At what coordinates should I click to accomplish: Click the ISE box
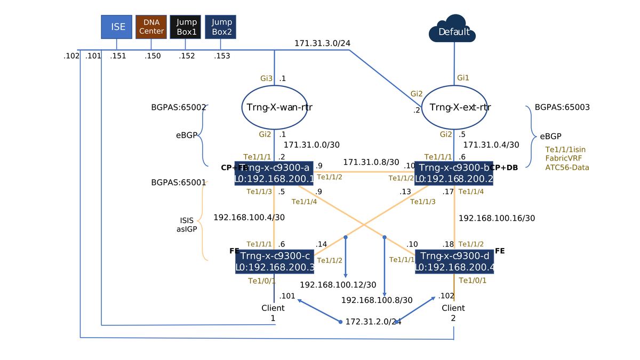116,27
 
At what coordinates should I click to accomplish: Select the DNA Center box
151,27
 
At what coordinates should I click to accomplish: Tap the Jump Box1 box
185,27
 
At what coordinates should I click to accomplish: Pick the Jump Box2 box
220,27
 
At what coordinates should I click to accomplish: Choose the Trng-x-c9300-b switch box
453,173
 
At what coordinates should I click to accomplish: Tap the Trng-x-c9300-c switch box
274,261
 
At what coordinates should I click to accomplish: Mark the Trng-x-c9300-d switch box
454,261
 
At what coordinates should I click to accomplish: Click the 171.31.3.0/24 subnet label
322,43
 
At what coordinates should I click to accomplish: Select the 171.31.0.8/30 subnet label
371,162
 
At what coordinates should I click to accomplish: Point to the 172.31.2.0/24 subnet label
373,322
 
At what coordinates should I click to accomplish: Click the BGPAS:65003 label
562,107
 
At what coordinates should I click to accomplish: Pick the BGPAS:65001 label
179,182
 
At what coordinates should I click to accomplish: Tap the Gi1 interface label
463,78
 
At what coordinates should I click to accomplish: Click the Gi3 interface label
267,78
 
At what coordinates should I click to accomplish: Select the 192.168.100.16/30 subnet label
497,218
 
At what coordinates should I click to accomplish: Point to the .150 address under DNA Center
153,56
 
